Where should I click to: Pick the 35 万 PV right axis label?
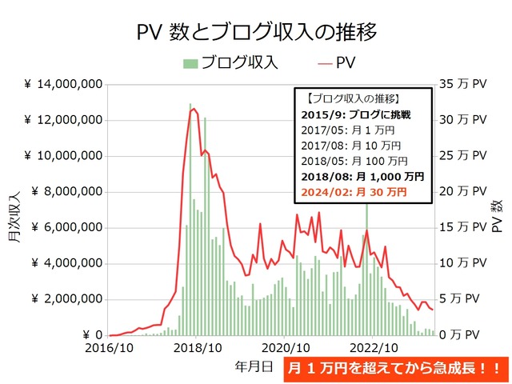click(463, 84)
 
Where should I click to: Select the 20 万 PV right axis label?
click(463, 192)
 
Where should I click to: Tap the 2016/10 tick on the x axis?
click(109, 348)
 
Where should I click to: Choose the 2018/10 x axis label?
click(197, 348)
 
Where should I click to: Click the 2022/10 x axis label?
click(374, 348)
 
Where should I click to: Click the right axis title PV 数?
click(497, 212)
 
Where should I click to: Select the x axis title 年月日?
click(257, 366)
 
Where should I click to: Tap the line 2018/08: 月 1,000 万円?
click(365, 177)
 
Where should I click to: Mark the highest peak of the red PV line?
click(194, 109)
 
